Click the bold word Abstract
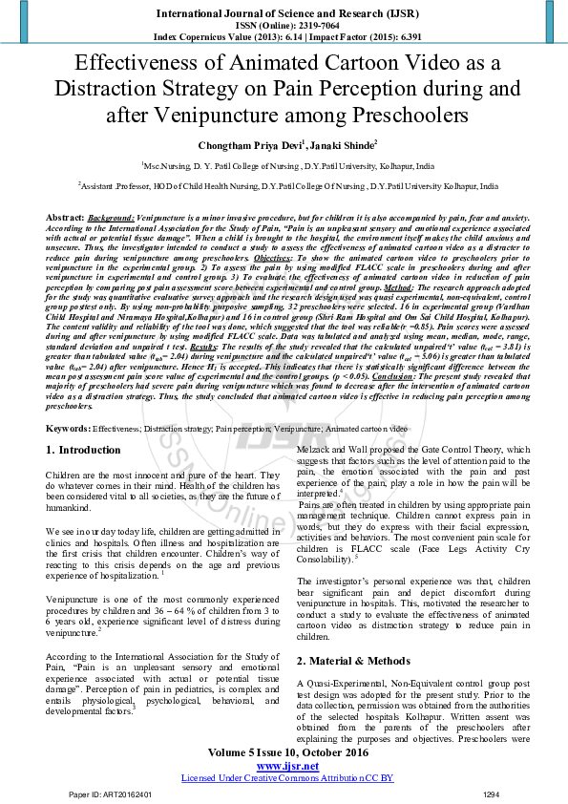(64, 218)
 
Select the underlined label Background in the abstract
(111, 218)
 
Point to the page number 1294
(492, 793)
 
